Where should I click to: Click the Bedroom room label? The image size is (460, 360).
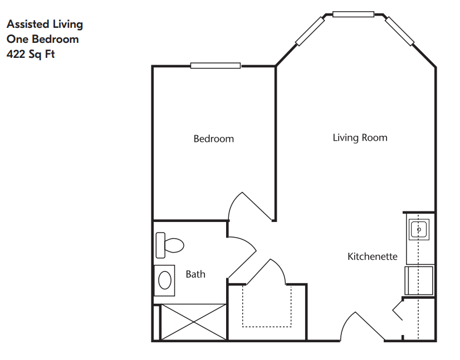[214, 139]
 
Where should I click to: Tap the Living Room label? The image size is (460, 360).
[360, 138]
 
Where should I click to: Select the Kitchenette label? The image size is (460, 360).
[372, 257]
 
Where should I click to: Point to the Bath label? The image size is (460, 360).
[195, 274]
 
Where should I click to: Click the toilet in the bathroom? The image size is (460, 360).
[169, 245]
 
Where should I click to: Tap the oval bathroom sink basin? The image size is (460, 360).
[165, 280]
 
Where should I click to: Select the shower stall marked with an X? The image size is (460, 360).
[194, 322]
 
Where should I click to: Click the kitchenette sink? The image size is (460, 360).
[419, 229]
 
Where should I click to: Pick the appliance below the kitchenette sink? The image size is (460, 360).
[419, 280]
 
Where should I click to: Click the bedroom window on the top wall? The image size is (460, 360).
[216, 66]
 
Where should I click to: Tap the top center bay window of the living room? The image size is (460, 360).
[353, 14]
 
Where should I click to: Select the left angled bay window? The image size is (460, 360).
[310, 31]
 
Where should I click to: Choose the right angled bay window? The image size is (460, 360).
[399, 31]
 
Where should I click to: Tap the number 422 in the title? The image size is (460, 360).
[16, 54]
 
